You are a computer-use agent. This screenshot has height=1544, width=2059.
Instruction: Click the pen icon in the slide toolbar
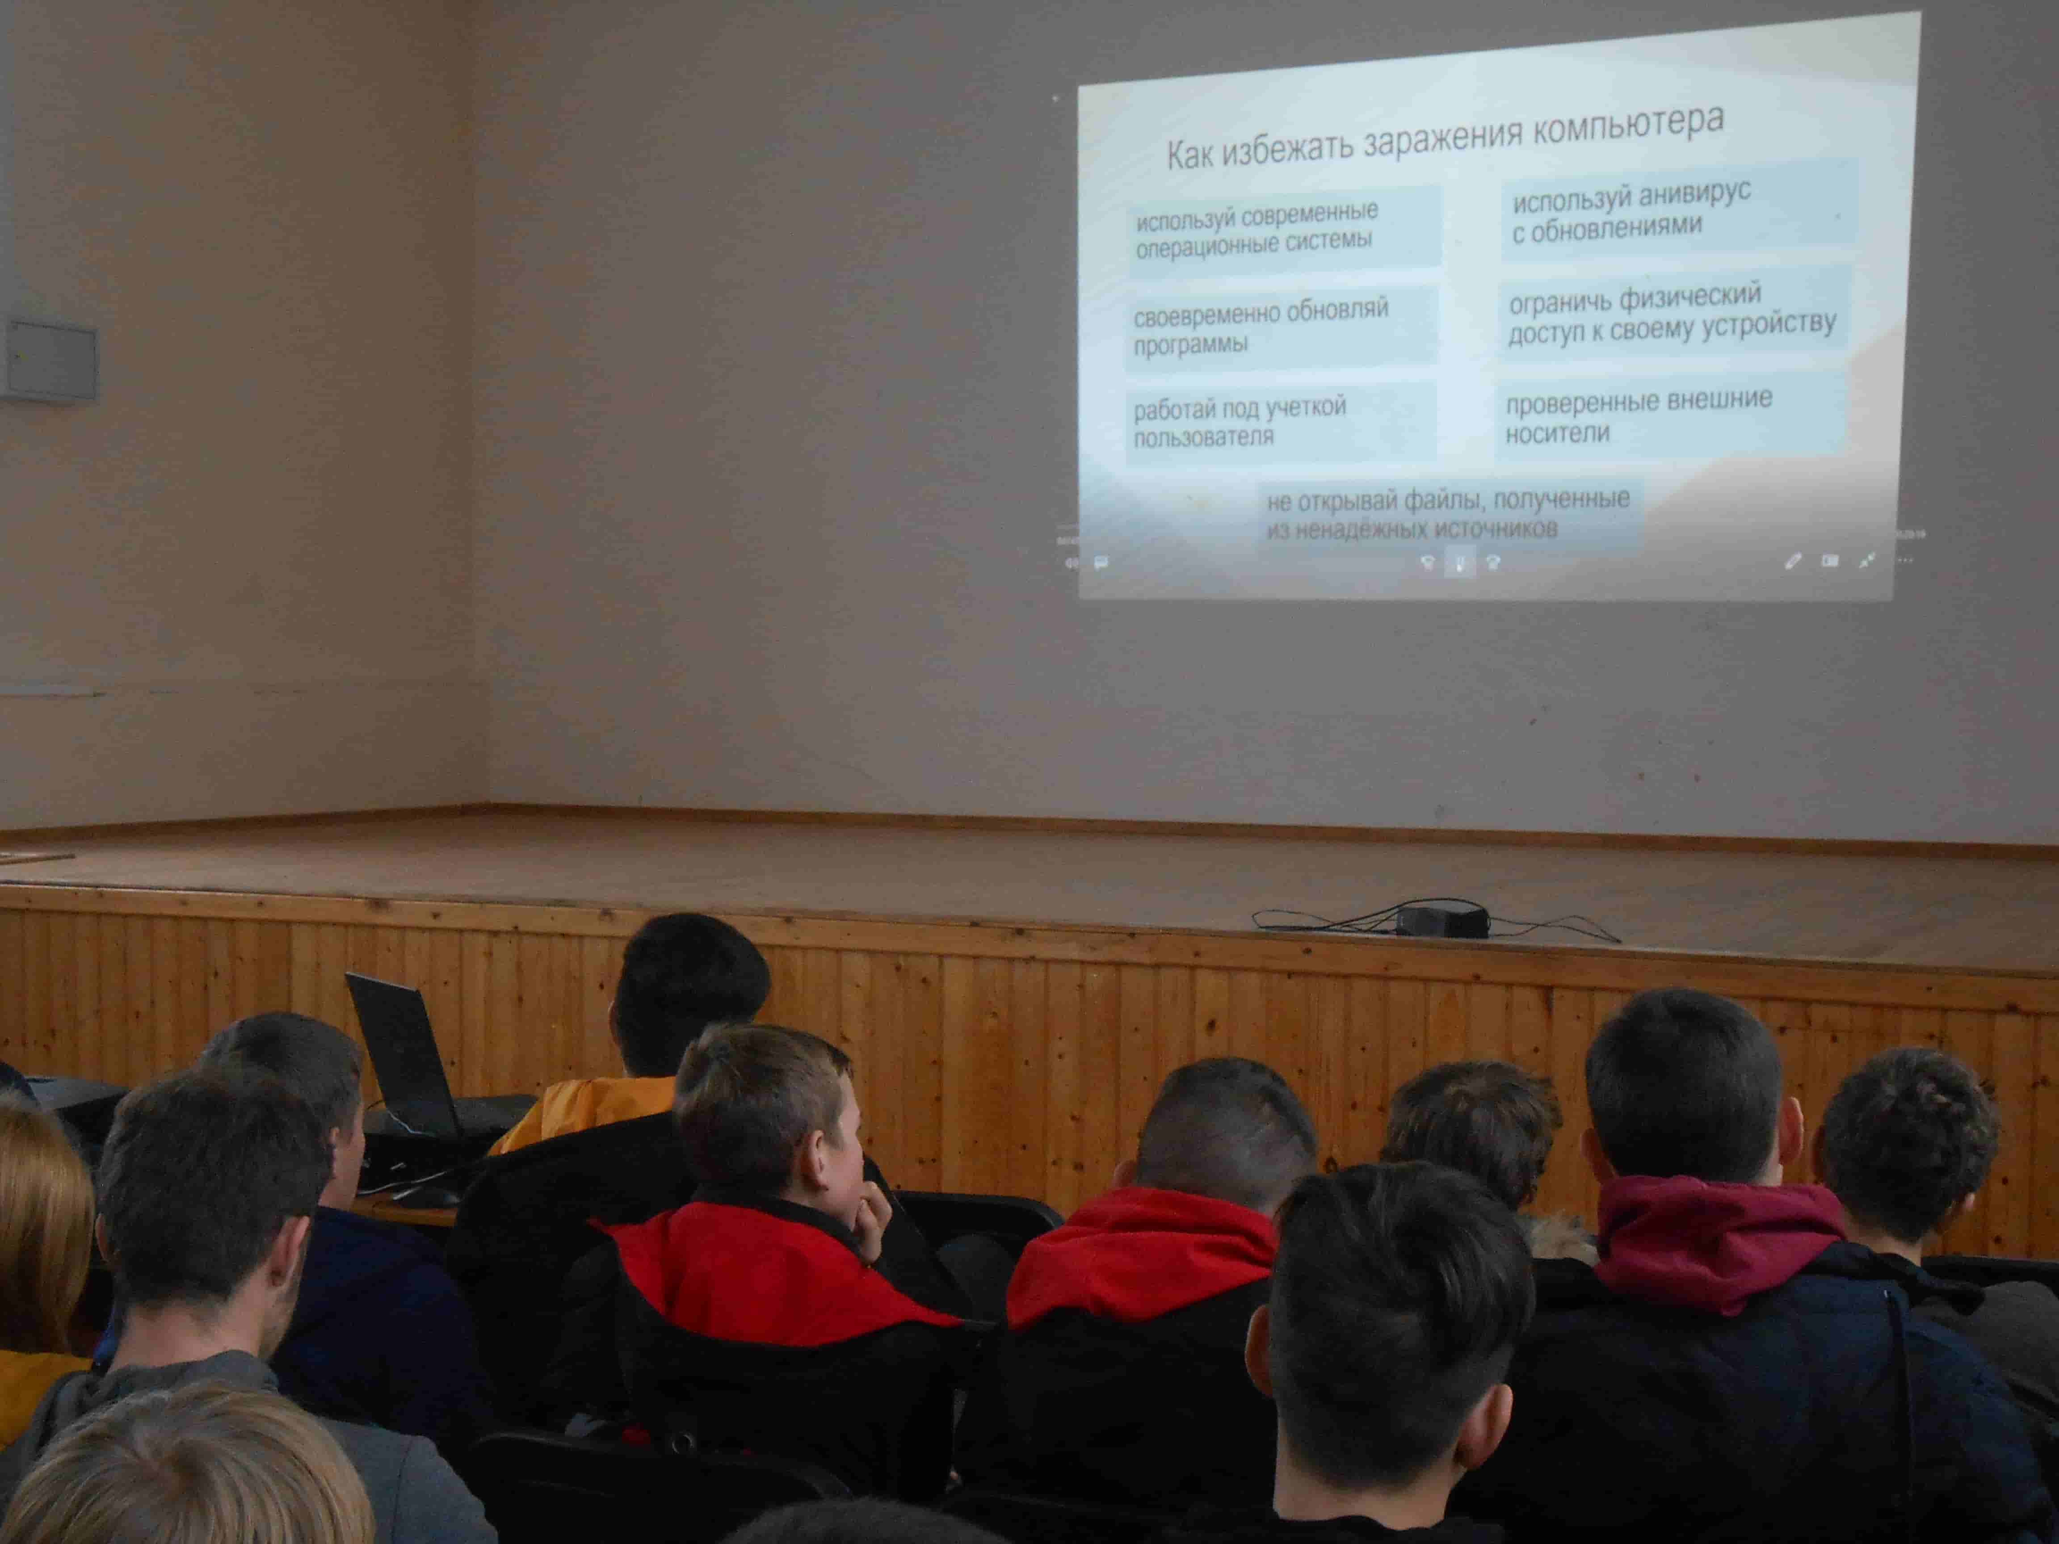1792,561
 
